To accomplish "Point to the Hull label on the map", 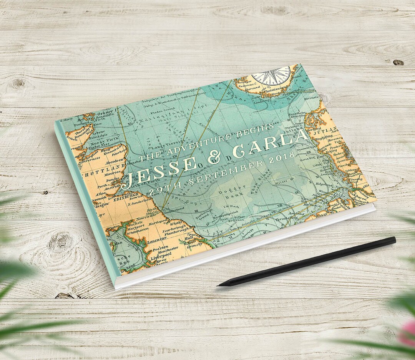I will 189,239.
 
